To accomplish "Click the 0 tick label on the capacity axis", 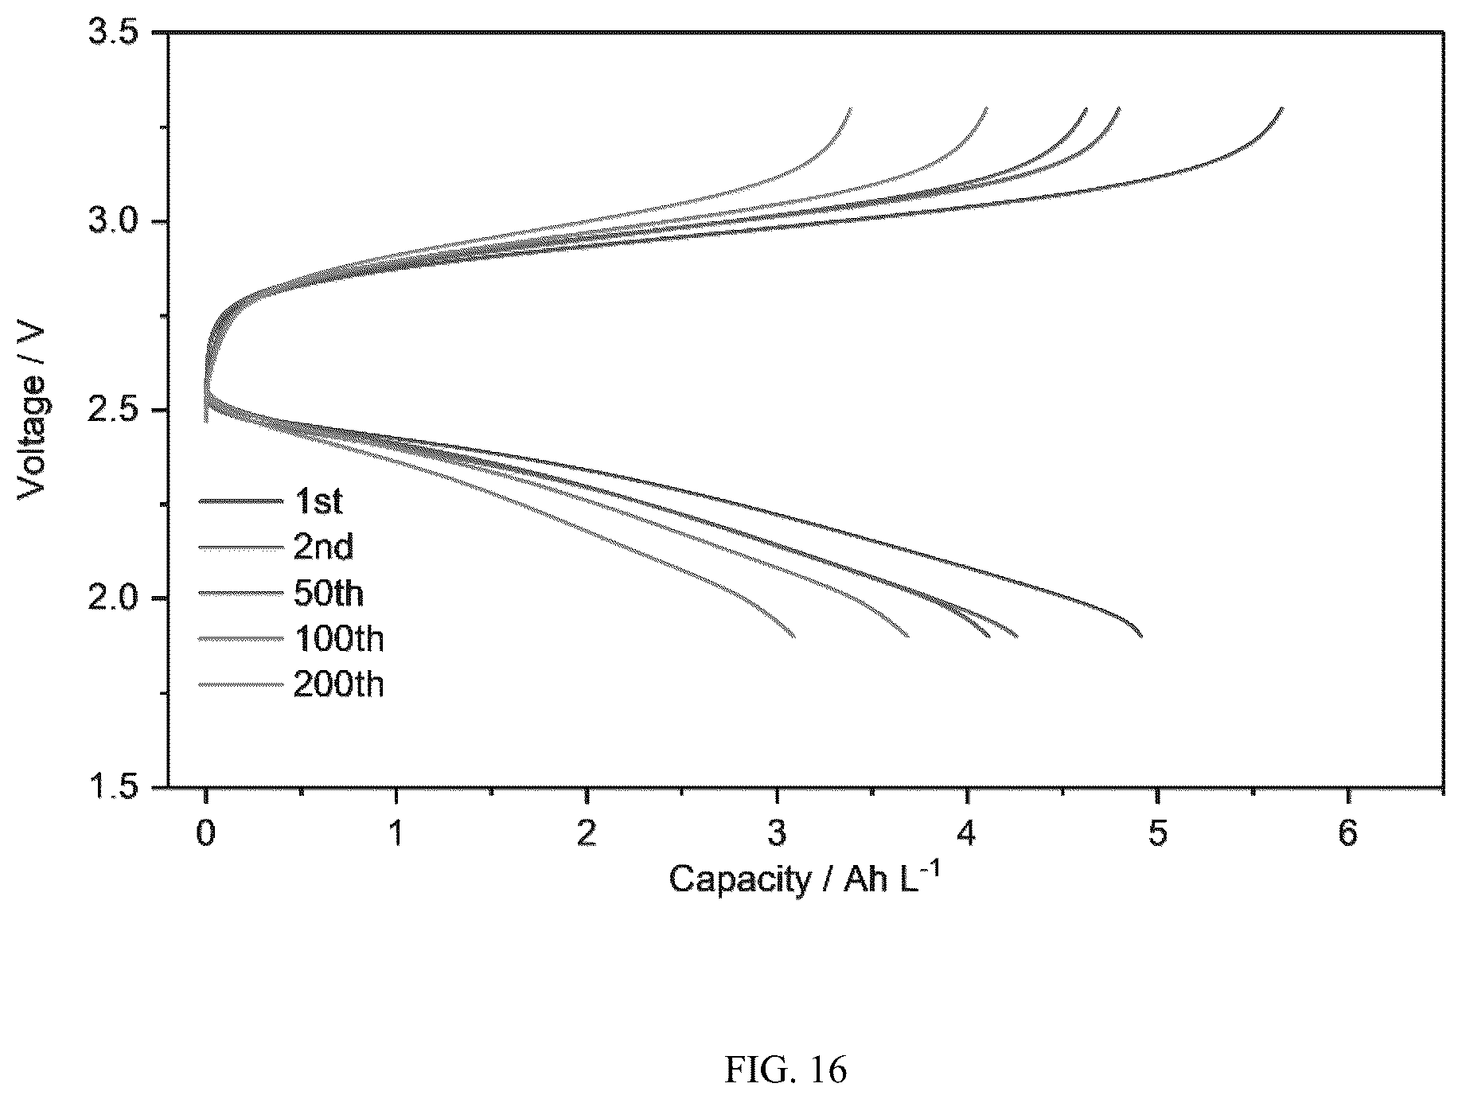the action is pyautogui.click(x=206, y=835).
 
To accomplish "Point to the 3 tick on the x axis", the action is pyautogui.click(x=777, y=835).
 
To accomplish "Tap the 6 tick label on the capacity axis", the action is pyautogui.click(x=1347, y=835).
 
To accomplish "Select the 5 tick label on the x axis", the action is pyautogui.click(x=1157, y=835).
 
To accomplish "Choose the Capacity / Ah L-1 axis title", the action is pyautogui.click(x=798, y=878).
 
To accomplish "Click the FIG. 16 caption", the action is pyautogui.click(x=786, y=1070).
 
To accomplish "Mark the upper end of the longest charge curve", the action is pyautogui.click(x=1282, y=107).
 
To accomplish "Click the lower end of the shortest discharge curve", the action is pyautogui.click(x=794, y=637).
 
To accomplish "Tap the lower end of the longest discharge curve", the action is pyautogui.click(x=1142, y=637).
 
